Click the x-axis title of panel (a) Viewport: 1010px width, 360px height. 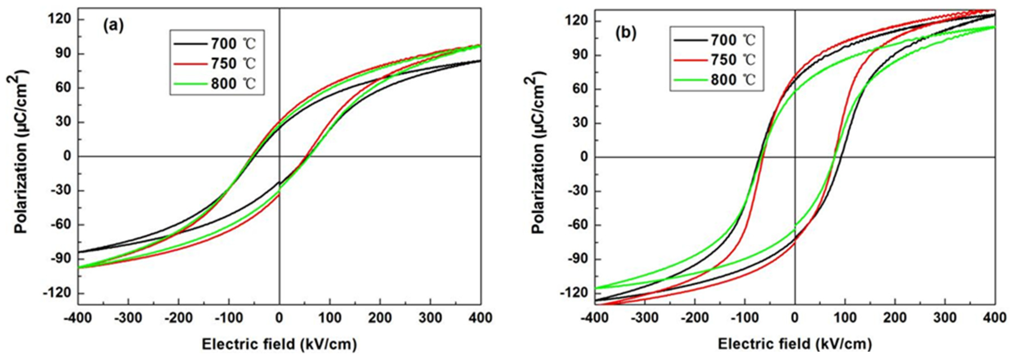pyautogui.click(x=279, y=344)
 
